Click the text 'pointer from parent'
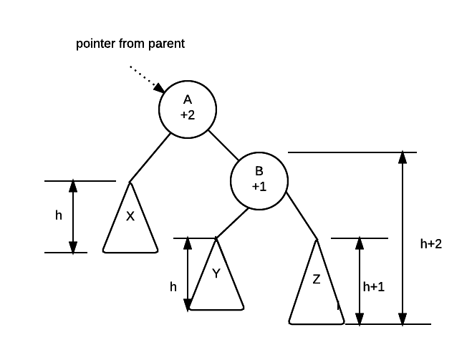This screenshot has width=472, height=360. [x=130, y=44]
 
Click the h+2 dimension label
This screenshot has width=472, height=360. [x=430, y=243]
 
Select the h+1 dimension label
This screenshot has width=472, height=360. [x=373, y=286]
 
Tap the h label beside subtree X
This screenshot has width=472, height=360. [x=59, y=215]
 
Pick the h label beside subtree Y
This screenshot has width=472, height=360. [x=173, y=286]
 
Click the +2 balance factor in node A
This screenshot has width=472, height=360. [x=187, y=115]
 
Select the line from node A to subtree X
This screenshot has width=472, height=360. [x=149, y=158]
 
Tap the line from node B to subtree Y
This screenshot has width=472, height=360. [x=228, y=223]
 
